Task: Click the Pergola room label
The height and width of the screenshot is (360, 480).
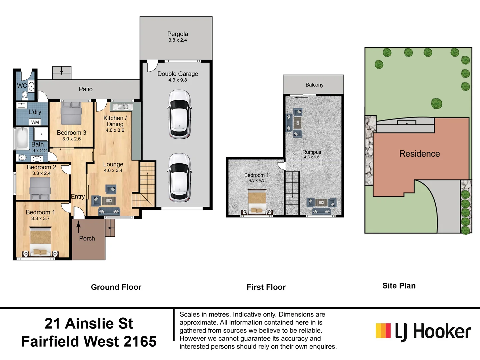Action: (177, 34)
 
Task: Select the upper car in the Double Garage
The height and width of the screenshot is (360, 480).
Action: (179, 114)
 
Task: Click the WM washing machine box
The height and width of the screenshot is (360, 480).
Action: (35, 122)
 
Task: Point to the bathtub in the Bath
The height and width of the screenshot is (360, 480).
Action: (22, 139)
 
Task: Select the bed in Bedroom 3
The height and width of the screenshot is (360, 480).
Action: (71, 113)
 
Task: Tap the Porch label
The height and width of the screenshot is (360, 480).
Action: (87, 238)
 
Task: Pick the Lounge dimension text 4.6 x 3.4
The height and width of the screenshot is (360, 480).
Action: (113, 170)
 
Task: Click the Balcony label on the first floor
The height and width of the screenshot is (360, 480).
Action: (314, 85)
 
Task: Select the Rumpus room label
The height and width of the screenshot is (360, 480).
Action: (312, 152)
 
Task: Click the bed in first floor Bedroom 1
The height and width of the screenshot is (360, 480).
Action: (257, 202)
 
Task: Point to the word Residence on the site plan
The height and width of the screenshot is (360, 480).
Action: (419, 154)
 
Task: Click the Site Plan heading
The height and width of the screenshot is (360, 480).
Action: (399, 286)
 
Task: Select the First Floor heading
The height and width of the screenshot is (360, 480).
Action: (266, 287)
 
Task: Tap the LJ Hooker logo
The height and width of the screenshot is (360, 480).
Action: (423, 331)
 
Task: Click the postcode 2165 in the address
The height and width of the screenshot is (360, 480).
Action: (140, 341)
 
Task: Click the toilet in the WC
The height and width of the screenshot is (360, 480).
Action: (25, 96)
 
